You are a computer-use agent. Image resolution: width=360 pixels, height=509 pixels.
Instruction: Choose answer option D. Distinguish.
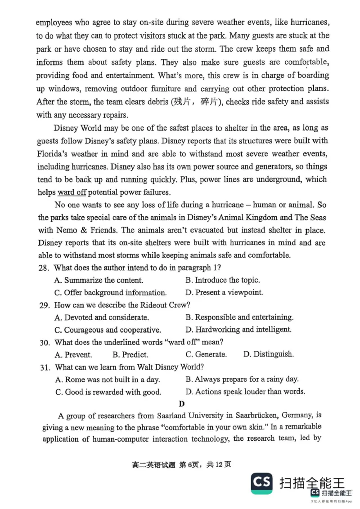click(268, 354)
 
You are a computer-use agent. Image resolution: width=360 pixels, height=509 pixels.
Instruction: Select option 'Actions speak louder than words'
click(245, 392)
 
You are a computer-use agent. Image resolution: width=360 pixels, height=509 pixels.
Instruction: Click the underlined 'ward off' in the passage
click(72, 192)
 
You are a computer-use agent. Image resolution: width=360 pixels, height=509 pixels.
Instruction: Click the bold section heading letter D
click(181, 404)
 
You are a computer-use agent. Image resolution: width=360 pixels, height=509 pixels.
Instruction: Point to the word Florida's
click(56, 154)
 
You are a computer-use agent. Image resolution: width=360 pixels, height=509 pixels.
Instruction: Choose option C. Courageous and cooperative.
click(108, 330)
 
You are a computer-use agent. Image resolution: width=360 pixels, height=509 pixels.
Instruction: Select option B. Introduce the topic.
click(222, 280)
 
